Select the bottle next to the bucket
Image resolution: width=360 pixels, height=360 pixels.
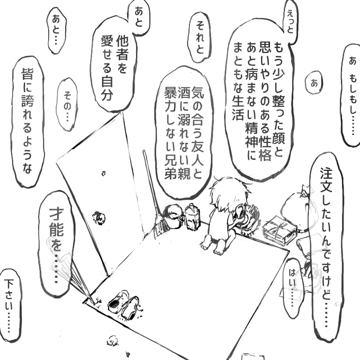(192, 216)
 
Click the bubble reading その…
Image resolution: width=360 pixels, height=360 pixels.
(68, 104)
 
